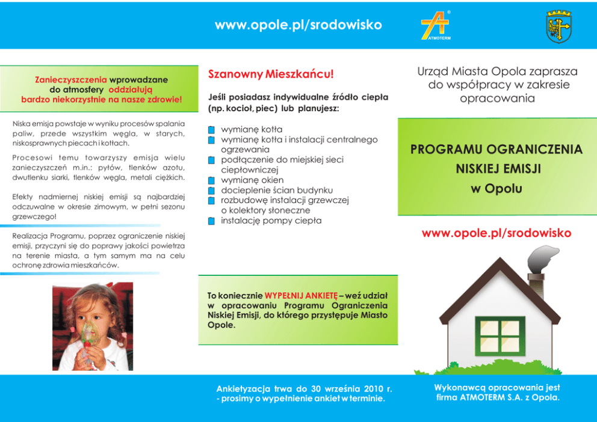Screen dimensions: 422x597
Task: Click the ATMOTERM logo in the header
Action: click(x=436, y=26)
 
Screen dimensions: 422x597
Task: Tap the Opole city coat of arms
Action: click(x=558, y=26)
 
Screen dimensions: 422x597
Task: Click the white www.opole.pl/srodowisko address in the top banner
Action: click(x=298, y=25)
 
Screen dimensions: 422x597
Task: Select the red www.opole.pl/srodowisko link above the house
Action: click(x=496, y=233)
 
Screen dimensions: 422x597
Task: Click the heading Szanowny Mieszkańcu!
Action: click(x=270, y=75)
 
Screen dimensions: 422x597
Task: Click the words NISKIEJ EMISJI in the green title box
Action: click(x=496, y=170)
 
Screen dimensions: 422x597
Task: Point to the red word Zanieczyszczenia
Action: click(x=71, y=79)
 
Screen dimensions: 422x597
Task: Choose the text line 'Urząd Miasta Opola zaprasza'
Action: click(x=497, y=72)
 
